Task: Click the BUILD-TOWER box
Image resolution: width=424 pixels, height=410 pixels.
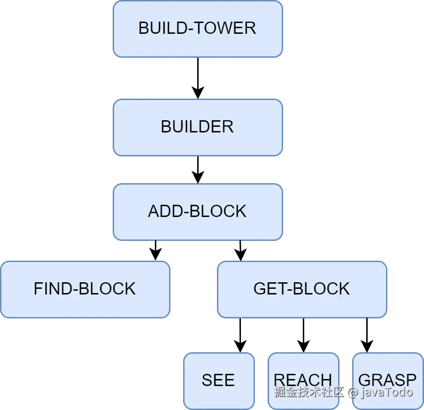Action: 198,29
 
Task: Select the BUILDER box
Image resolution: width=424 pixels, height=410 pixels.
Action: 198,127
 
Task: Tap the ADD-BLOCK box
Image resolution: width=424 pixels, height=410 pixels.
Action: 198,212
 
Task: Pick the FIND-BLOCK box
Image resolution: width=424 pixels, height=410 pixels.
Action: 85,289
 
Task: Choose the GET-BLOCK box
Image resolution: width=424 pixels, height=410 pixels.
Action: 302,289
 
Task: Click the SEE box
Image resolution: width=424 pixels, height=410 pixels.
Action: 219,381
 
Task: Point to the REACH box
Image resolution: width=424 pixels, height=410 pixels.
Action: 303,381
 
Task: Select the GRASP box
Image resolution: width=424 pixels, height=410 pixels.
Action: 388,381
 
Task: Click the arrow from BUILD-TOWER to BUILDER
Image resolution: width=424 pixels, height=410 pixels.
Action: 198,78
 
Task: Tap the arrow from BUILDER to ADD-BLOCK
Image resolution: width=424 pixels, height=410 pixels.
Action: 198,170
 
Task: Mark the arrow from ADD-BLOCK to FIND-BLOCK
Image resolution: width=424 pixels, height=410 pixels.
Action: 155,250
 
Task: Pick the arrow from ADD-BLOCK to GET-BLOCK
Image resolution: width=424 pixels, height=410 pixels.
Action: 240,251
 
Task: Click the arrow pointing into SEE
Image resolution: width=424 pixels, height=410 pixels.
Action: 240,335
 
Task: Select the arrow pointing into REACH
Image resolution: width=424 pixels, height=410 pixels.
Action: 303,335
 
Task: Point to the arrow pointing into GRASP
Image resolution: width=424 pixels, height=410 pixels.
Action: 367,335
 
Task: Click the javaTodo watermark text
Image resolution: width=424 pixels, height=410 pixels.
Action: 387,392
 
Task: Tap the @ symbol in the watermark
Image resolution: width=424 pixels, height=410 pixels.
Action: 353,393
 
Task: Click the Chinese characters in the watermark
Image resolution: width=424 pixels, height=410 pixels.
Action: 309,392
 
